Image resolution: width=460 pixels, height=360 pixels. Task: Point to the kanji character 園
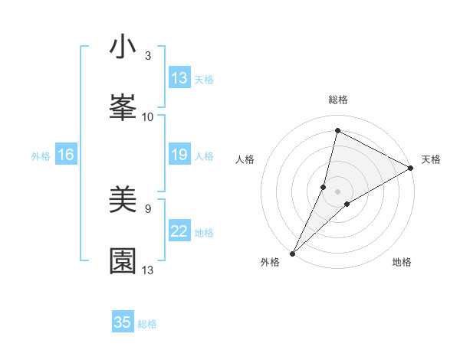coord(123,260)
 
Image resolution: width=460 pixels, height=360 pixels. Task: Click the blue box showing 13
coord(179,78)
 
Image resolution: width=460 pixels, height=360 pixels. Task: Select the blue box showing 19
coord(179,155)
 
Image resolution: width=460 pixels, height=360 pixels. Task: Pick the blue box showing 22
coord(179,232)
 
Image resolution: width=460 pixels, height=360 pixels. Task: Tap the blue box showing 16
coord(65,155)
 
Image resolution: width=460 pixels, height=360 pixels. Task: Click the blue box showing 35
coord(123,322)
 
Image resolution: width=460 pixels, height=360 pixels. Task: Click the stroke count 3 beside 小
coord(148,55)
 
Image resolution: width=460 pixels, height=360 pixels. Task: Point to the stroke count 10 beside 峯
coord(148,116)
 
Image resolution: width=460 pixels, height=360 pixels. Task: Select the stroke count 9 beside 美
coord(148,208)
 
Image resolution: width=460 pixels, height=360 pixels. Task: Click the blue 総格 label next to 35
coord(147,324)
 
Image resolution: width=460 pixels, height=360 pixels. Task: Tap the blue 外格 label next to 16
coord(41,156)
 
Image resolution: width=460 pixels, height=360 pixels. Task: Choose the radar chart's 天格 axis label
coord(431,159)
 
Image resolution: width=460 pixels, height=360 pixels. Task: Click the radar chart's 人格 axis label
coord(245,159)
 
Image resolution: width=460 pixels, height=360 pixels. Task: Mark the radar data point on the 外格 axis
coord(292,254)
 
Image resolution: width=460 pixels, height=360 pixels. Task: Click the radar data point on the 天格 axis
coord(411,168)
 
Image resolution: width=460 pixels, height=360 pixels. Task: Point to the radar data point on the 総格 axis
coord(337,130)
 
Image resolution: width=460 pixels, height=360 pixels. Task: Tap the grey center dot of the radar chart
coord(338,191)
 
